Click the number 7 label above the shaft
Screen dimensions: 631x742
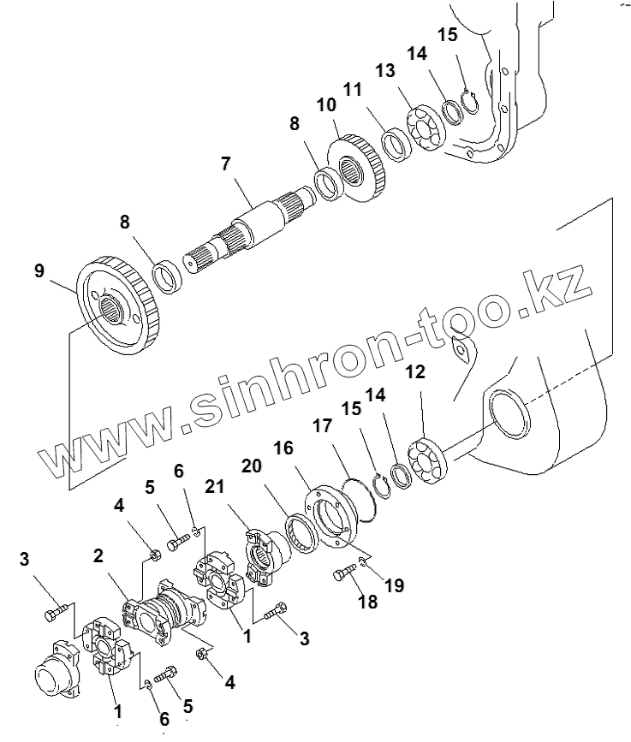pyautogui.click(x=227, y=163)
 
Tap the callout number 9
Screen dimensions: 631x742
pyautogui.click(x=40, y=272)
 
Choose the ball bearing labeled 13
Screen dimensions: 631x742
pyautogui.click(x=424, y=128)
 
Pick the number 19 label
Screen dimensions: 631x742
pyautogui.click(x=393, y=585)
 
